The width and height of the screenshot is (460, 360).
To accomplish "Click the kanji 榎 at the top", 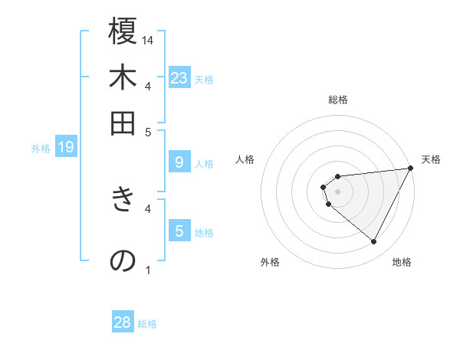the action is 123,32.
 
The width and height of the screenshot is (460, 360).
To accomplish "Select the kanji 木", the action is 123,78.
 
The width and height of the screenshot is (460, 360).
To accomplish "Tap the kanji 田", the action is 123,124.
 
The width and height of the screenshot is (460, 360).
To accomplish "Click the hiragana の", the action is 123,260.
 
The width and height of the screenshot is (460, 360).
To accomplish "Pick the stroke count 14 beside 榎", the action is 149,40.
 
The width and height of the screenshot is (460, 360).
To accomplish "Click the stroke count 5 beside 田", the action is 149,132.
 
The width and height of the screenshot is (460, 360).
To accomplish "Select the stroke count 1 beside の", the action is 149,270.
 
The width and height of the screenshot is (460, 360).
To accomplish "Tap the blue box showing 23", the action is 179,77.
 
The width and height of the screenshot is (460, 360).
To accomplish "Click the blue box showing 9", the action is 179,162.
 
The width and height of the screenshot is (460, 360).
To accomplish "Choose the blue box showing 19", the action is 65,147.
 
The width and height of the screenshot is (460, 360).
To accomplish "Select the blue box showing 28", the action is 123,322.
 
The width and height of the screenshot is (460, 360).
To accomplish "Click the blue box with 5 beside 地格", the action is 179,231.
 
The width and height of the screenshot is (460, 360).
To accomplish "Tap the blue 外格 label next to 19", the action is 40,149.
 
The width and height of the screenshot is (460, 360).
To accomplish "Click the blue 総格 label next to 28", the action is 147,324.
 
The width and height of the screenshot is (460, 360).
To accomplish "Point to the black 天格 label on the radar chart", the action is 431,159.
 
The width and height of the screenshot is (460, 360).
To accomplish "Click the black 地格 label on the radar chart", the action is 402,262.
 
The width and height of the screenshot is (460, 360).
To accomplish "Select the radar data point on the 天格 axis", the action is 411,169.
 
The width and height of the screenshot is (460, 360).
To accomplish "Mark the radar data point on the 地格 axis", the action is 373,242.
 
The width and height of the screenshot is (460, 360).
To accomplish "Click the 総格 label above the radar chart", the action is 338,100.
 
